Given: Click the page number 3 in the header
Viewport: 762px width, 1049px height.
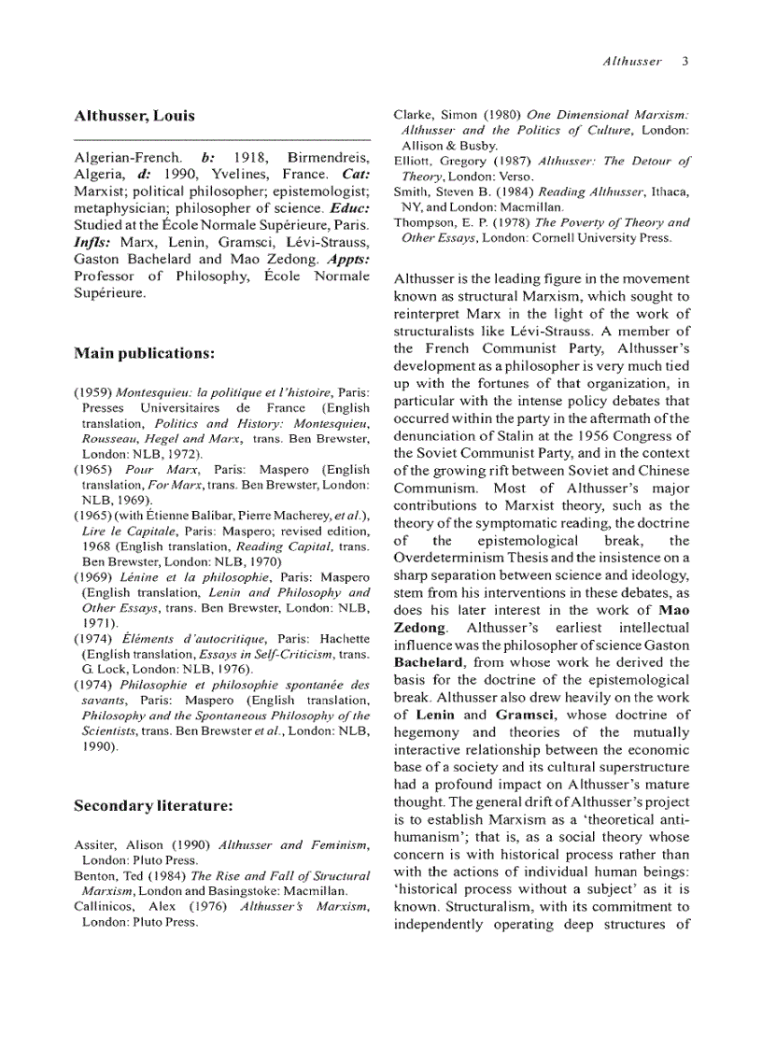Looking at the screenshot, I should (x=684, y=63).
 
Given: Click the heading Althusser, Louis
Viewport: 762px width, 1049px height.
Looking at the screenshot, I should (x=134, y=117).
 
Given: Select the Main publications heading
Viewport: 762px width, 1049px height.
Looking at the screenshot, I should (x=145, y=353).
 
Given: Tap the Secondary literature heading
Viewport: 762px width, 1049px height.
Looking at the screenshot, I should (x=152, y=804).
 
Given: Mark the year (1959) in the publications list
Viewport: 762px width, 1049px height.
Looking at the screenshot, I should (x=93, y=394).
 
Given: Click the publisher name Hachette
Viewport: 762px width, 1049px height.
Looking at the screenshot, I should (x=346, y=638).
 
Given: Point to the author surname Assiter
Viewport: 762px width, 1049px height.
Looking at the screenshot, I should (x=95, y=845).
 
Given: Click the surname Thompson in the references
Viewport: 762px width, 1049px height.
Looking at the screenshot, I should (x=425, y=222).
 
